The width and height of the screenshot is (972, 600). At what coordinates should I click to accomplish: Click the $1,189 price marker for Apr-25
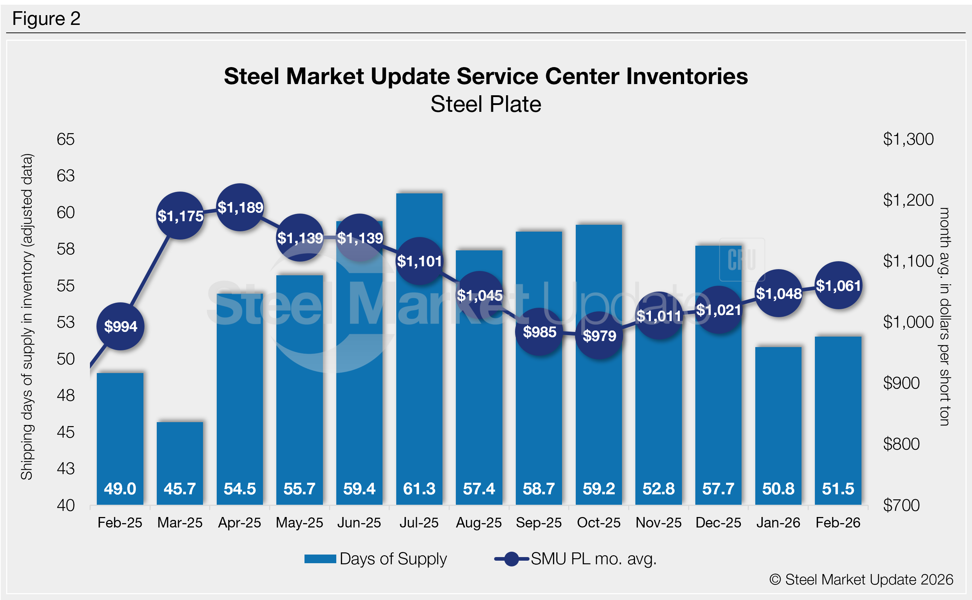coord(240,207)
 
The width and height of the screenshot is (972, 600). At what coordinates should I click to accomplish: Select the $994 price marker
coord(120,326)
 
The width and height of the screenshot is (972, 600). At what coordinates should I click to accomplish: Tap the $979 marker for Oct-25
coord(599,336)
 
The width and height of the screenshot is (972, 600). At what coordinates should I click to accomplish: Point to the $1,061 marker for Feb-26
coord(838,285)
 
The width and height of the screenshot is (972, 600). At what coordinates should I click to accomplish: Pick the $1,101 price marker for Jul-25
coord(419,261)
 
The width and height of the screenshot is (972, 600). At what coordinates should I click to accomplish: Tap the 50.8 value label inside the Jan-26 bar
coord(778,489)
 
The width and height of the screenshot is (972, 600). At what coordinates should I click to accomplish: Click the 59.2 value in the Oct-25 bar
coord(599,489)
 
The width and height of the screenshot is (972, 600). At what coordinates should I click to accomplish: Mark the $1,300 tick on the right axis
coord(908,139)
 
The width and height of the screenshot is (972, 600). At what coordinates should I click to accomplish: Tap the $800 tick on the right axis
coord(901,444)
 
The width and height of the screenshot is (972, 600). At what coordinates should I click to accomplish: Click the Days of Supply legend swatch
coord(320,559)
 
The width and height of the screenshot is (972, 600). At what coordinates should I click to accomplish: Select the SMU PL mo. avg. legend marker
coord(511,559)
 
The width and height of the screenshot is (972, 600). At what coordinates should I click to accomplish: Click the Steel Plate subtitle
coord(486,104)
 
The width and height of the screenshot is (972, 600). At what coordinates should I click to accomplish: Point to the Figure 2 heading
coord(47,19)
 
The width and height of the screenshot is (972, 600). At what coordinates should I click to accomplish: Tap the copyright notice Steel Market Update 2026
coord(861,579)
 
